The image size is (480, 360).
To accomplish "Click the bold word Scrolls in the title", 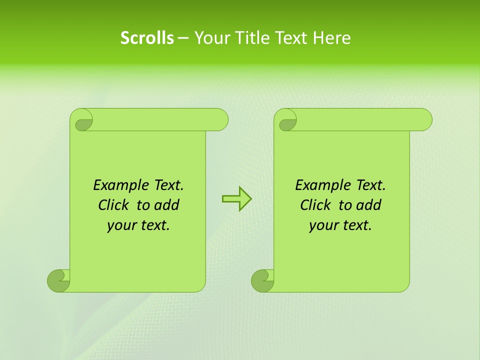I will tap(147, 38).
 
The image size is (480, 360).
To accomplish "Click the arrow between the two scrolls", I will tap(236, 199).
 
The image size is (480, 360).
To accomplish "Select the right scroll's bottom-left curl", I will tap(262, 280).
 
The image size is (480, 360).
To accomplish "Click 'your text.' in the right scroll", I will tap(340, 225).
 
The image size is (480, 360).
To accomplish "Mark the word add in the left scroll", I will tap(167, 205).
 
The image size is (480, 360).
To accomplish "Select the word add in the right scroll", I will tap(369, 205).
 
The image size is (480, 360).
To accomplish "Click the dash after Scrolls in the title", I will tap(183, 38).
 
